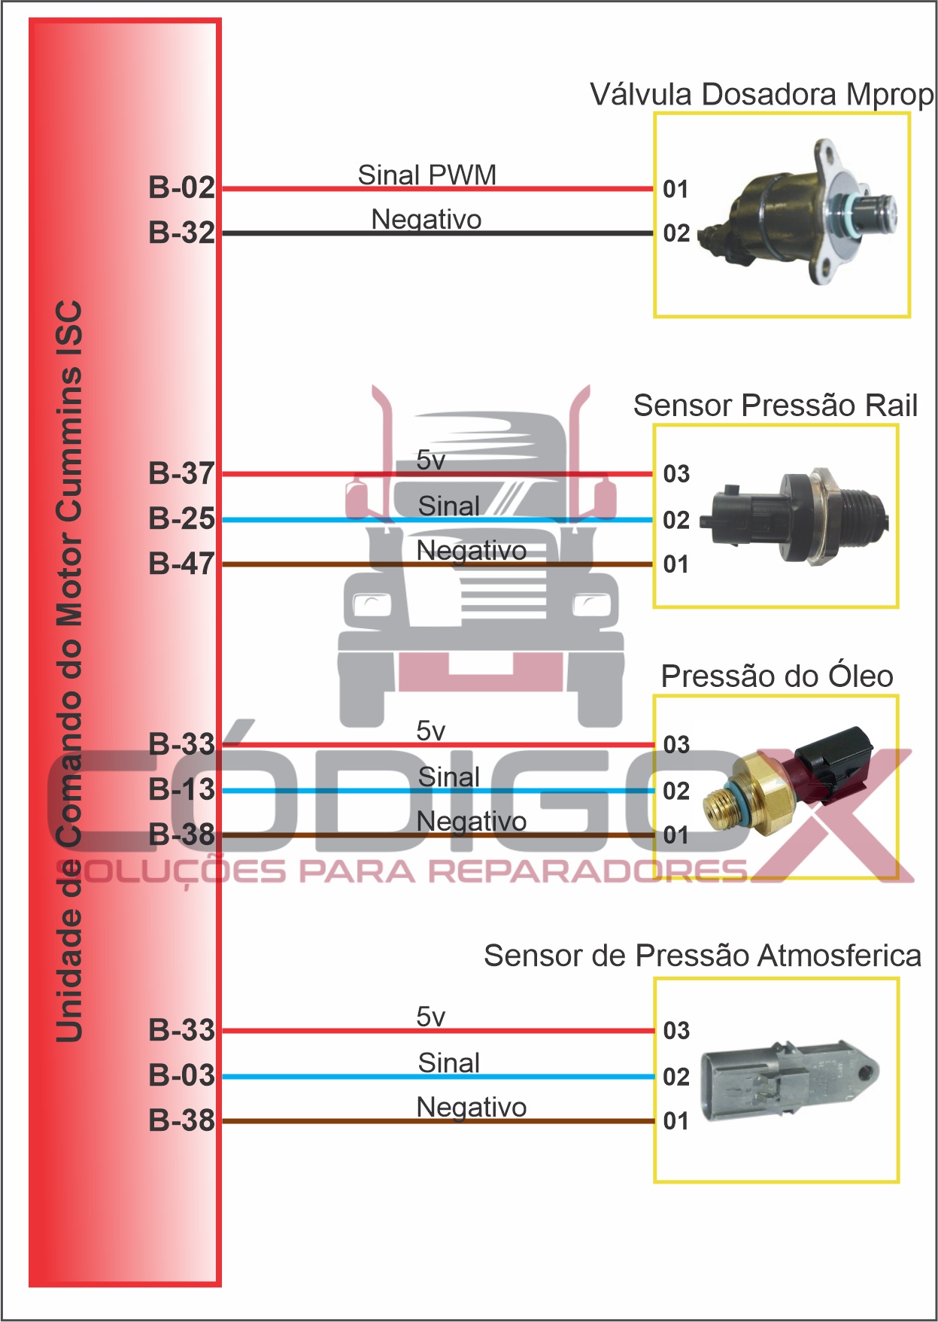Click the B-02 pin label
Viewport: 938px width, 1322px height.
[x=181, y=187]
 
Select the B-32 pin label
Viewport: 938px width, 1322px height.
[x=181, y=232]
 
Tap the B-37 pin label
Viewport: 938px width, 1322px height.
[x=181, y=473]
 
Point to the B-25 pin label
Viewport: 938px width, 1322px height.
[x=181, y=518]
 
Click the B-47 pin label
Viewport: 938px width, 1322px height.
[x=181, y=564]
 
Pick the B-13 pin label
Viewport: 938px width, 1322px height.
[x=181, y=789]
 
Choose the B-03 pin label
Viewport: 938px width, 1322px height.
[x=181, y=1075]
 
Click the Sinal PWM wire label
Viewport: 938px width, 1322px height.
[x=427, y=175]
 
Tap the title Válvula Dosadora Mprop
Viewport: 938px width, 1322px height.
[x=761, y=95]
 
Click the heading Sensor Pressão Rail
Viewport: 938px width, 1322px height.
[x=775, y=406]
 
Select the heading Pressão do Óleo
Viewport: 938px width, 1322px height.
[x=776, y=676]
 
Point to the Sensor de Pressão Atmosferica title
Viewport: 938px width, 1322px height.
[x=702, y=956]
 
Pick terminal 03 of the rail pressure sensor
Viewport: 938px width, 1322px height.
[x=676, y=474]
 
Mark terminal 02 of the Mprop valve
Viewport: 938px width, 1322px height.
[x=676, y=233]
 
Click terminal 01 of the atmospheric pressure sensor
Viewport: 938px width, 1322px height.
[x=676, y=1121]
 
